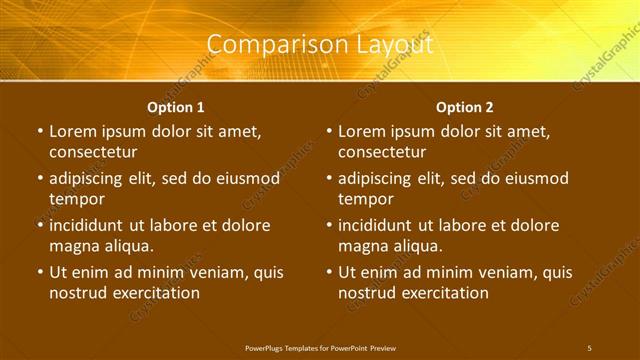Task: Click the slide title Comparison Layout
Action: click(x=320, y=45)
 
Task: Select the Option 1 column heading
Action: click(x=176, y=107)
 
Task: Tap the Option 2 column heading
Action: click(x=465, y=107)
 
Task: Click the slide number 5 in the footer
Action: click(x=589, y=347)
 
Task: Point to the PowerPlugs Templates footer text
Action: click(x=319, y=347)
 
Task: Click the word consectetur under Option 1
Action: click(x=93, y=152)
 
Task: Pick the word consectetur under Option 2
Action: click(x=382, y=152)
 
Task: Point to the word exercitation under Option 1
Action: click(x=155, y=293)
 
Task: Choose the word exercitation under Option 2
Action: click(x=444, y=293)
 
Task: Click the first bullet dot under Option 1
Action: click(x=40, y=131)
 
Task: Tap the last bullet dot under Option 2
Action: click(x=329, y=272)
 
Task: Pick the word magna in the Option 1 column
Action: click(x=73, y=246)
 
